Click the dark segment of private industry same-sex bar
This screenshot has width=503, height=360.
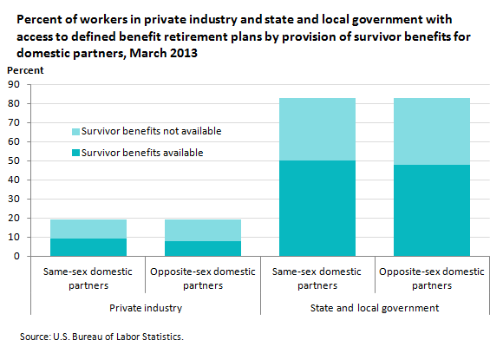pyautogui.click(x=88, y=247)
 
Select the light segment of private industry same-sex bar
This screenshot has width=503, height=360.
pyautogui.click(x=88, y=229)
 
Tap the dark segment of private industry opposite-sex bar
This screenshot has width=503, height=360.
pyautogui.click(x=203, y=249)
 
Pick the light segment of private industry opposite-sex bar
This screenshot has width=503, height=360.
pyautogui.click(x=203, y=231)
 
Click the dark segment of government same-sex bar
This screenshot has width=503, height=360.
pyautogui.click(x=317, y=208)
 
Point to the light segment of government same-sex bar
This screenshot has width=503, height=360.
pyautogui.click(x=317, y=129)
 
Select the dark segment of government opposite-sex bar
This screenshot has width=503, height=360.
pyautogui.click(x=432, y=211)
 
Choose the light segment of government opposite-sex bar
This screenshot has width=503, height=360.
pyautogui.click(x=432, y=132)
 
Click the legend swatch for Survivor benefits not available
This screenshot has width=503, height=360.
pyautogui.click(x=75, y=132)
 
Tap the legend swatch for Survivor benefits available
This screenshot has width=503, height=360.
pyautogui.click(x=75, y=153)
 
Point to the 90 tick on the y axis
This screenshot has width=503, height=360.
pyautogui.click(x=14, y=84)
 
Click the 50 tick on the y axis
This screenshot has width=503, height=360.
pyautogui.click(x=14, y=160)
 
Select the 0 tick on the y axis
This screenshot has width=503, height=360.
pyautogui.click(x=16, y=256)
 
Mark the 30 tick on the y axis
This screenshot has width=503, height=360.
pyautogui.click(x=14, y=199)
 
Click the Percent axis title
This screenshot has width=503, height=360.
pyautogui.click(x=25, y=70)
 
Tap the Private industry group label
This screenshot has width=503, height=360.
pyautogui.click(x=146, y=308)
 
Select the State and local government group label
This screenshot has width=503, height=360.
pyautogui.click(x=375, y=308)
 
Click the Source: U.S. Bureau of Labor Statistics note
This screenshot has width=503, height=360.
pyautogui.click(x=101, y=337)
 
